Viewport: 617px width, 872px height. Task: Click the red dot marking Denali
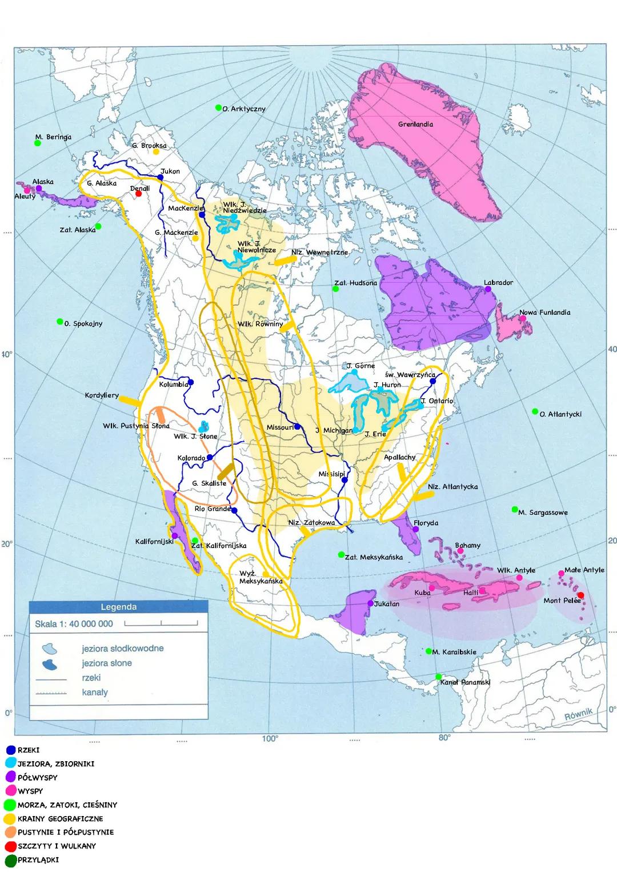click(138, 193)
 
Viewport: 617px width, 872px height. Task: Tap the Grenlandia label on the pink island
click(415, 124)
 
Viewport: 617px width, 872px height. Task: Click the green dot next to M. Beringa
click(38, 143)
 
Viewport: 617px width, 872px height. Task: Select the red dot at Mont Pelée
click(580, 595)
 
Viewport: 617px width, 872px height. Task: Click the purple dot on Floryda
click(416, 529)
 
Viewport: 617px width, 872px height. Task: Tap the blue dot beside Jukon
click(161, 177)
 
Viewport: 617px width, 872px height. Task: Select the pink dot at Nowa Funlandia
click(523, 319)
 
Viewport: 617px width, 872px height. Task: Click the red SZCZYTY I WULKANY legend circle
click(10, 846)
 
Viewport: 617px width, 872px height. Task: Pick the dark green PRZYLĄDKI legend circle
click(10, 860)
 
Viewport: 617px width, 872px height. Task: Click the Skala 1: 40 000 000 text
click(74, 624)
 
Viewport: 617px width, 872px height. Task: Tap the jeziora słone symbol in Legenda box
click(50, 664)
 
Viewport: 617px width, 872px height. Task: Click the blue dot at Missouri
click(297, 426)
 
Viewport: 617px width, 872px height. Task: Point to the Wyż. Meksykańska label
click(261, 577)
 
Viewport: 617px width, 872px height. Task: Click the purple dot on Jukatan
click(370, 603)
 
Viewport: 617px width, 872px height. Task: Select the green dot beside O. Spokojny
click(59, 322)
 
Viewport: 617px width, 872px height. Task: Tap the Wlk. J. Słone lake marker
click(203, 426)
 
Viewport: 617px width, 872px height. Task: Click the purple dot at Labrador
click(488, 289)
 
